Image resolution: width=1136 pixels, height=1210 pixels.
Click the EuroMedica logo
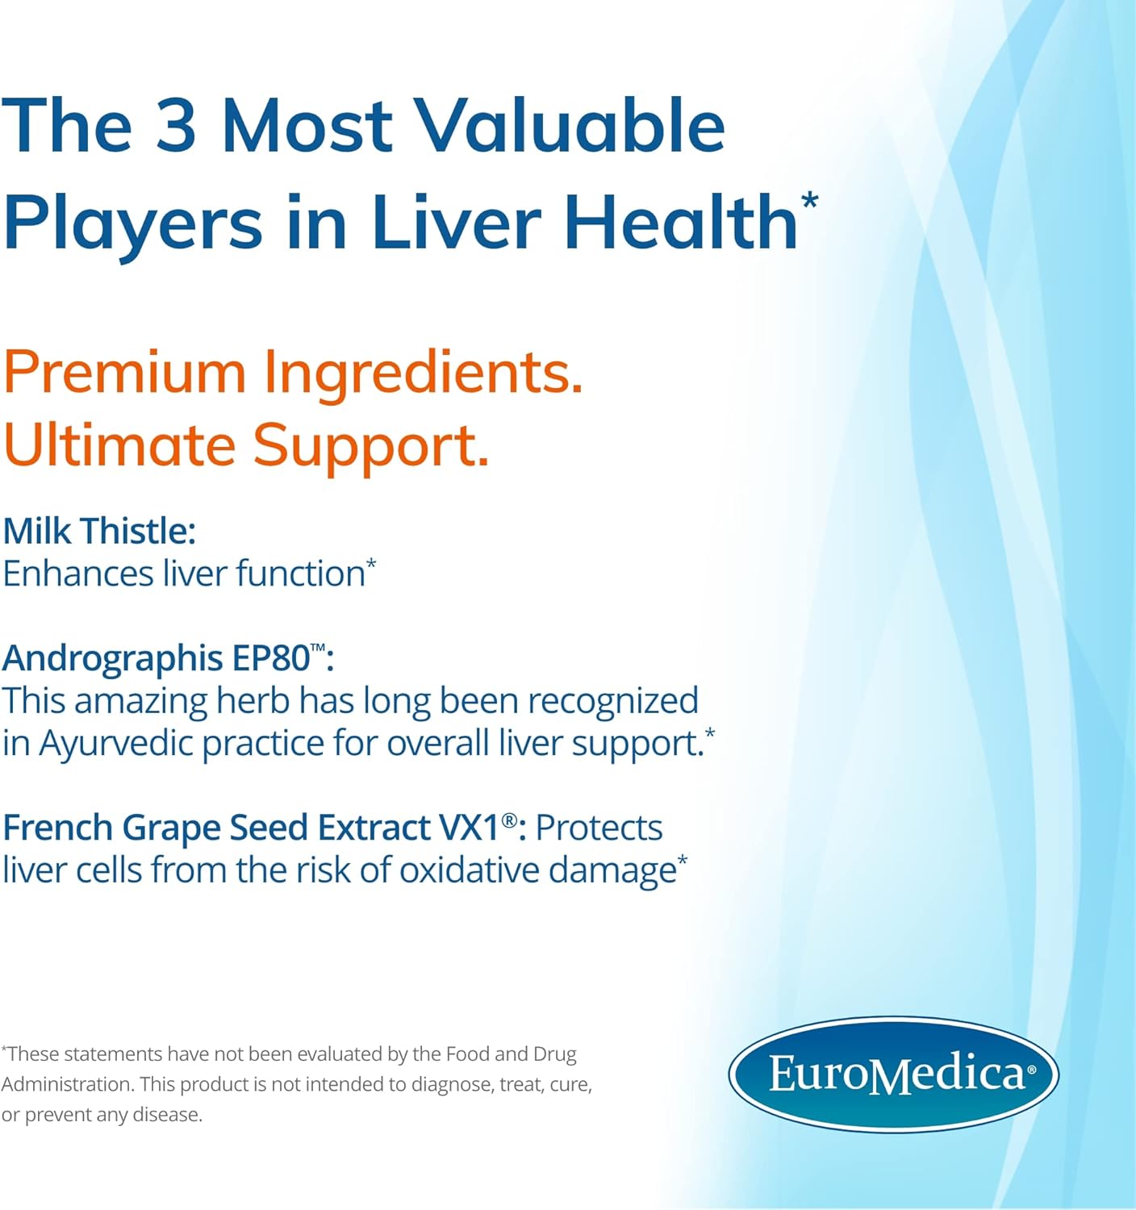coord(893,1074)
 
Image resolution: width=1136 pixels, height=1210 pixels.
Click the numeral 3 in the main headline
coord(176,125)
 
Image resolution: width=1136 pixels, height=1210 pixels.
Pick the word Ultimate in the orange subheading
coord(119,445)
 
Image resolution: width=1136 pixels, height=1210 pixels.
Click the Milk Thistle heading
coord(99,531)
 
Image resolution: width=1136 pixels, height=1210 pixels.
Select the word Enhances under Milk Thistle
coord(78,574)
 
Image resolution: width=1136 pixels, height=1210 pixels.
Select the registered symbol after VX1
coord(509,820)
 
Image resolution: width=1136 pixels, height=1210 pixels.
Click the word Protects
coord(599,828)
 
